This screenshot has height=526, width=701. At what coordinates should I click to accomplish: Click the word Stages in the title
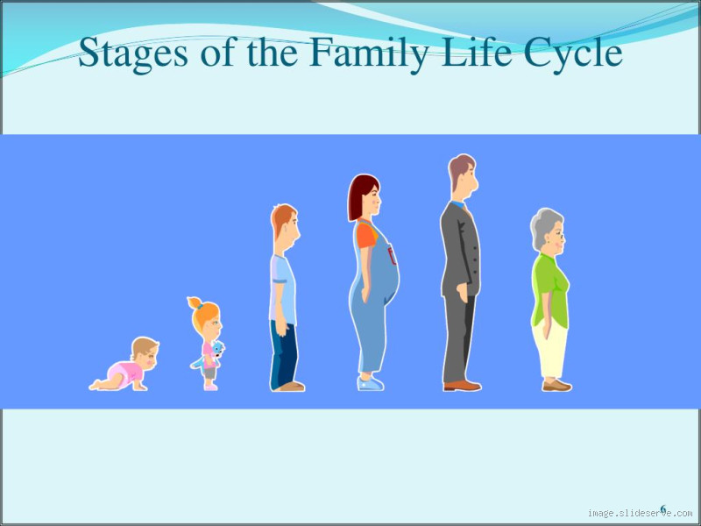[x=131, y=53]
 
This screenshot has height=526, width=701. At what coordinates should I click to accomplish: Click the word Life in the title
[x=478, y=53]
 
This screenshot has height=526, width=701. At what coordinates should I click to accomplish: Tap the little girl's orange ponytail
[x=195, y=303]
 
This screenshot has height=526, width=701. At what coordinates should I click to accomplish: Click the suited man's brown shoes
[x=462, y=385]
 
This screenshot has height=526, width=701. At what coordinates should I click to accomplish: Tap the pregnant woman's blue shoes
[x=371, y=383]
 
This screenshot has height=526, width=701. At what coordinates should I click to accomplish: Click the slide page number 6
[x=663, y=508]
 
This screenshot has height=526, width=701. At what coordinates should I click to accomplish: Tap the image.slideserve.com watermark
[x=640, y=514]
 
